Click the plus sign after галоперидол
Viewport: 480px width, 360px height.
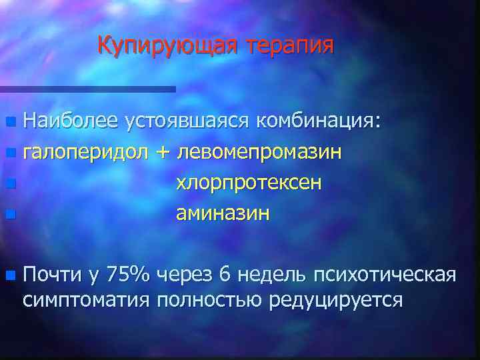click(163, 153)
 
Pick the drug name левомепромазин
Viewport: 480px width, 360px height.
click(259, 153)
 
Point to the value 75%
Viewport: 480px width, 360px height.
click(129, 275)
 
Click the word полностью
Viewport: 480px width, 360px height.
click(210, 301)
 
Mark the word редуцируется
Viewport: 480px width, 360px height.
click(336, 301)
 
